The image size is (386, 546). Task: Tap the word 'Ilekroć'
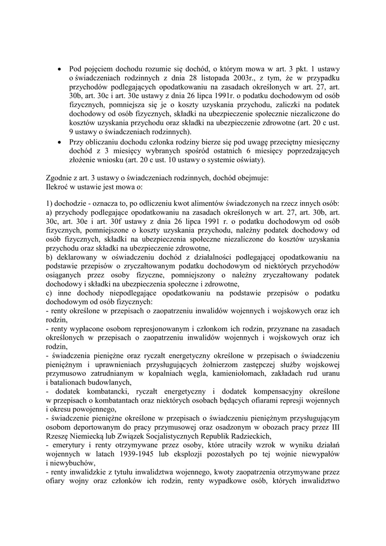click(x=58, y=188)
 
